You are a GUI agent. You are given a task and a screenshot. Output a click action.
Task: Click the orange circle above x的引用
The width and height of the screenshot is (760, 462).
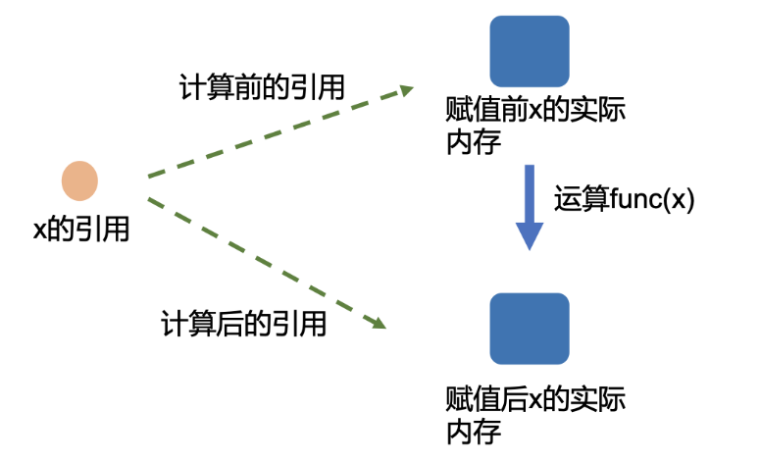point(79,181)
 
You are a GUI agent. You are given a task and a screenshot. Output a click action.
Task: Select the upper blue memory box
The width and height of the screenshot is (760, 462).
point(530,50)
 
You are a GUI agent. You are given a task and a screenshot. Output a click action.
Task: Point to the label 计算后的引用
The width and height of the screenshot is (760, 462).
point(244,324)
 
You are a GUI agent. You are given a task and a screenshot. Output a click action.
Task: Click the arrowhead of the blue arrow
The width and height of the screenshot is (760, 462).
point(530,235)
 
